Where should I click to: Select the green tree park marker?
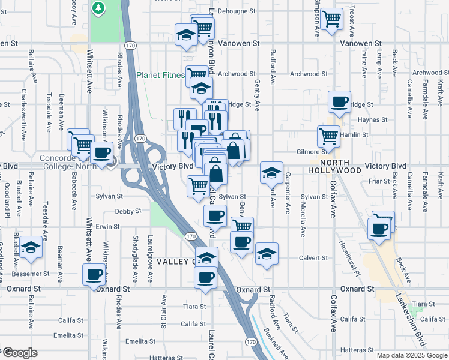[x=98, y=8]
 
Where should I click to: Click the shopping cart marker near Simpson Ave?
[x=331, y=19]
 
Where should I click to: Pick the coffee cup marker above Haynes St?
[x=340, y=101]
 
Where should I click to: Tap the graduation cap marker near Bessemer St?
[x=29, y=248]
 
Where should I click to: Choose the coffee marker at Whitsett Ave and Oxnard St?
[x=94, y=275]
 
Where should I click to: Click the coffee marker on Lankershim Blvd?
[x=379, y=229]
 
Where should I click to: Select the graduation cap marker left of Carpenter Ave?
[x=271, y=173]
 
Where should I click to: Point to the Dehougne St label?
[x=237, y=11]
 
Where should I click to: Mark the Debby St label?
[x=127, y=211]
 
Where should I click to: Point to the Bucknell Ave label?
[x=276, y=346]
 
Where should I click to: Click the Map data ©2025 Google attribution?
[x=411, y=355]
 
